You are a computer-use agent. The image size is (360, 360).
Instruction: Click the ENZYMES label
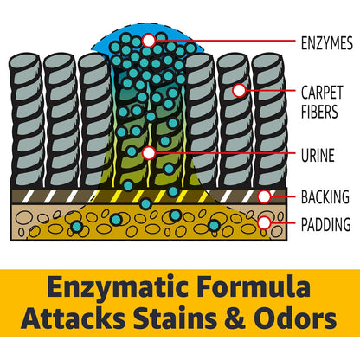[327, 43]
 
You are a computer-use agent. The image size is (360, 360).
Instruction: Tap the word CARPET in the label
[322, 93]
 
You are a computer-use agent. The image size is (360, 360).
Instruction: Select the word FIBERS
[319, 112]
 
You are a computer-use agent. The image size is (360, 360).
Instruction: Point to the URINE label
[318, 155]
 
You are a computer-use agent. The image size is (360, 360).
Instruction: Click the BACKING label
[325, 197]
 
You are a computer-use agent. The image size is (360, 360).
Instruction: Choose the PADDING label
[326, 224]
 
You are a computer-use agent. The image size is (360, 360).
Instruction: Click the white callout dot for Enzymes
[149, 41]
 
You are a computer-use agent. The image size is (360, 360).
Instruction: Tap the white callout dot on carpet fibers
[239, 91]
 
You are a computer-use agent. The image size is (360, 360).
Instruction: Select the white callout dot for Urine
[149, 153]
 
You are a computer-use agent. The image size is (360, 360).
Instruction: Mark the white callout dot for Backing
[264, 196]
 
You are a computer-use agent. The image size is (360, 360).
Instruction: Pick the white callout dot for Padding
[264, 223]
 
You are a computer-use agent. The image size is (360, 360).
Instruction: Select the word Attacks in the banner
[74, 318]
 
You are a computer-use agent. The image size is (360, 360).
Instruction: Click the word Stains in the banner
[175, 318]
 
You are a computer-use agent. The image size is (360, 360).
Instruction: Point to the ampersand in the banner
[235, 318]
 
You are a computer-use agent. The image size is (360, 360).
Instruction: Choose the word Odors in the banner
[295, 318]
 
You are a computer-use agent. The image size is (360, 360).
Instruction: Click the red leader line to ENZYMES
[226, 41]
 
